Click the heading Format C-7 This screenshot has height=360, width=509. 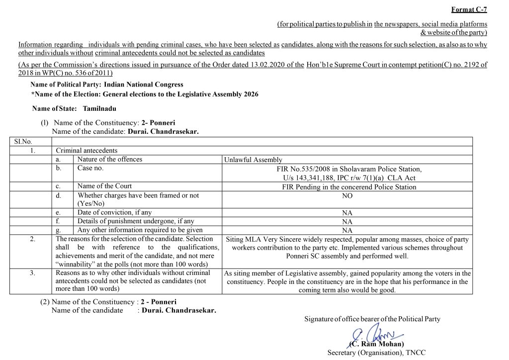tap(469, 9)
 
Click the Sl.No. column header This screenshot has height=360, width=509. tap(22, 142)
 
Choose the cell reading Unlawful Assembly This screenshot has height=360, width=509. tap(253, 160)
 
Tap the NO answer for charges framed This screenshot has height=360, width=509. tap(347, 196)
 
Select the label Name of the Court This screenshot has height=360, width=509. tap(104, 186)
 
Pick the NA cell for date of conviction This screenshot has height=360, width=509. tap(347, 213)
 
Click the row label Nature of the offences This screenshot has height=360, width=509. tap(110, 160)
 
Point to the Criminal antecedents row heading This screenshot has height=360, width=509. tap(86, 150)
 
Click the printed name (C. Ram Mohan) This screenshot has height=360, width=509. tap(376, 344)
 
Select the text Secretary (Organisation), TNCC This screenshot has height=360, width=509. tap(376, 353)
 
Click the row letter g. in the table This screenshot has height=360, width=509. tap(58, 230)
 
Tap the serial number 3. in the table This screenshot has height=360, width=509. tap(32, 273)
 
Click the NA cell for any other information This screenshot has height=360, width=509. tap(347, 230)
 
